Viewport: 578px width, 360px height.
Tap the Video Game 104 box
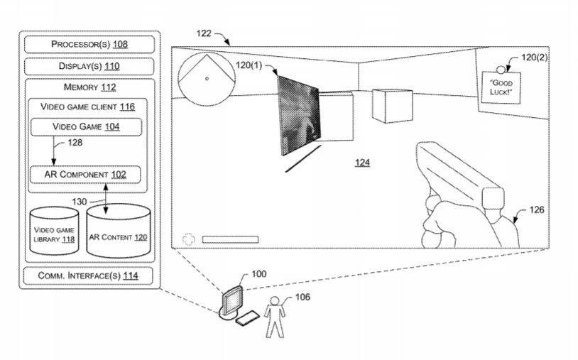click(86, 126)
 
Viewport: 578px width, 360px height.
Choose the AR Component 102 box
click(84, 174)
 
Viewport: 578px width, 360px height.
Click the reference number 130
click(80, 202)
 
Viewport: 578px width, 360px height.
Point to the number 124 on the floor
click(362, 163)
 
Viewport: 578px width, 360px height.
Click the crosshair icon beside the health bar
click(188, 239)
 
